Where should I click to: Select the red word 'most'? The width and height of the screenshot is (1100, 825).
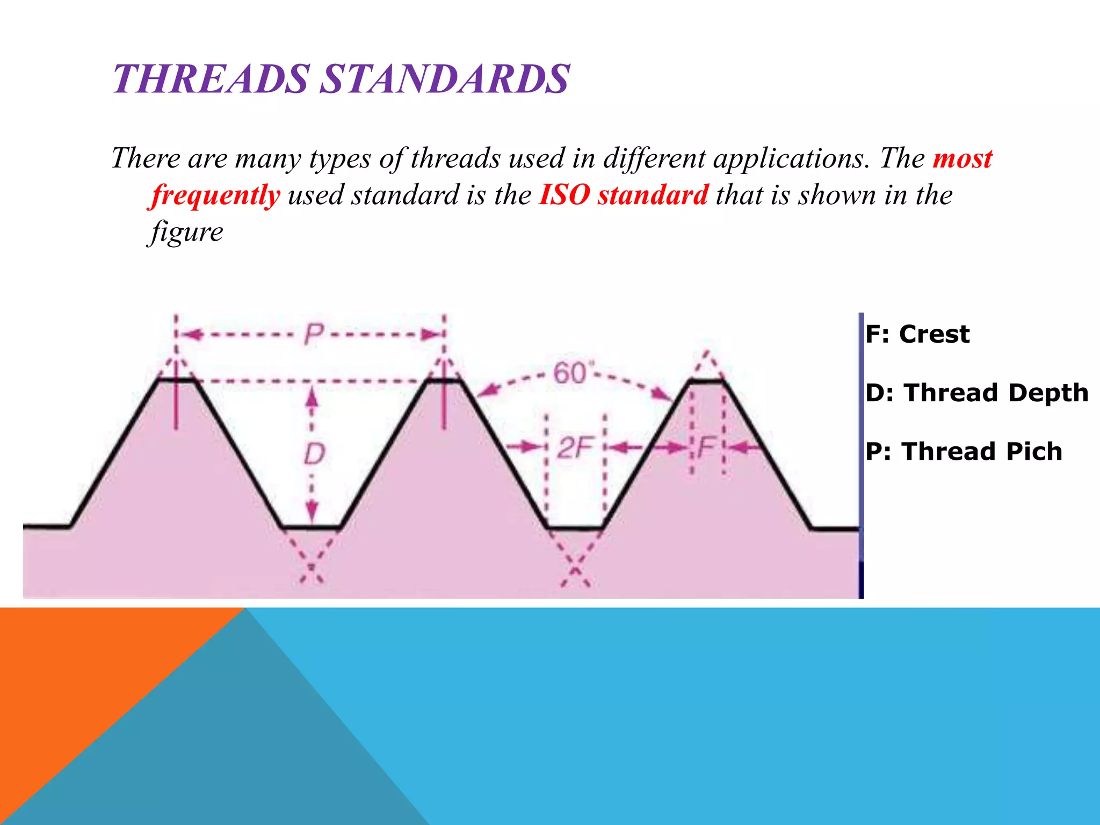tap(962, 158)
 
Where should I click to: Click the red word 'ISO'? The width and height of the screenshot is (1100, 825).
tap(565, 194)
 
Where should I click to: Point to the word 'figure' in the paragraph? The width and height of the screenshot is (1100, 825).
tap(186, 232)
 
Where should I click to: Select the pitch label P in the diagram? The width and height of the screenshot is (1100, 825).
tap(314, 334)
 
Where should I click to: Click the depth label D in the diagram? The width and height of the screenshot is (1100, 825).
tap(314, 454)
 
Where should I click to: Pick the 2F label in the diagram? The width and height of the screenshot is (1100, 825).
tap(575, 447)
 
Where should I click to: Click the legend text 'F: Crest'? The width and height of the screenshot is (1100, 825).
tap(917, 334)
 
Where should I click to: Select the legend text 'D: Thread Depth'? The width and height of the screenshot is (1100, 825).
tap(976, 393)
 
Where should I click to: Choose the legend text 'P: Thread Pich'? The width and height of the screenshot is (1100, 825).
tap(964, 451)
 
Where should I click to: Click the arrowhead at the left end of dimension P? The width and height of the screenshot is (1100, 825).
tap(191, 335)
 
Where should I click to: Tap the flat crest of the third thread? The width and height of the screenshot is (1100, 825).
tap(706, 381)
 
